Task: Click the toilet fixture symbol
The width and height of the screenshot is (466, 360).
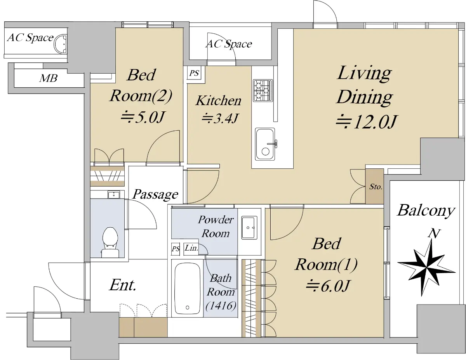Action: pyautogui.click(x=110, y=242)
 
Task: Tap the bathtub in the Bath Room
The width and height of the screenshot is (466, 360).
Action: pyautogui.click(x=187, y=288)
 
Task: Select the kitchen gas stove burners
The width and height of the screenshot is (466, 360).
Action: pyautogui.click(x=263, y=90)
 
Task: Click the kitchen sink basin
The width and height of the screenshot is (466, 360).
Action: pyautogui.click(x=265, y=144)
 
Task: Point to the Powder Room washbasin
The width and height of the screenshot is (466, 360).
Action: pyautogui.click(x=249, y=227)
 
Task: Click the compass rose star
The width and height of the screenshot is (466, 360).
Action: pyautogui.click(x=427, y=268)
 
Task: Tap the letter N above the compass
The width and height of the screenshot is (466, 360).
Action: pyautogui.click(x=434, y=234)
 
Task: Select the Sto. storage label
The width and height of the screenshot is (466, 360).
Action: pyautogui.click(x=376, y=187)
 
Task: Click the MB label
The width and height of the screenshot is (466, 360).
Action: pyautogui.click(x=48, y=78)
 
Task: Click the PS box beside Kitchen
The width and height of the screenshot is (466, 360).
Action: pyautogui.click(x=194, y=73)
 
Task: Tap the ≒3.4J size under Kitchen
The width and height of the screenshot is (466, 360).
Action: pyautogui.click(x=220, y=118)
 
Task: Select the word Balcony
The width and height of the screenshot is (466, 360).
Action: pyautogui.click(x=426, y=211)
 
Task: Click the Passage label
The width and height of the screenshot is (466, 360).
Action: pyautogui.click(x=155, y=194)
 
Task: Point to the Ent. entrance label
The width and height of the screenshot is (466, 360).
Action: pyautogui.click(x=123, y=285)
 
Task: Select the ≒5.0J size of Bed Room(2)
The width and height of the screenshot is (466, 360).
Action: pyautogui.click(x=143, y=118)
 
